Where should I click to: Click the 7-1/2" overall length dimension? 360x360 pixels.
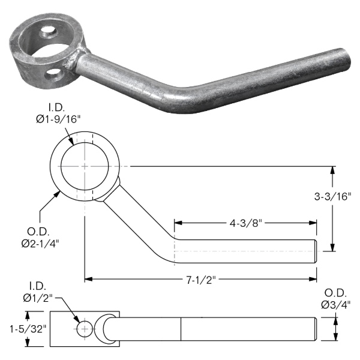(201, 280)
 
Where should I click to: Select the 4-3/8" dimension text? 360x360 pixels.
(245, 223)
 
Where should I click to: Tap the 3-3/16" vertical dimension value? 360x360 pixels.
(332, 197)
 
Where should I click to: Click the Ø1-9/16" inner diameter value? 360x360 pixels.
(58, 119)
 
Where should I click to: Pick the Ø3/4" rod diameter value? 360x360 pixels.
(335, 305)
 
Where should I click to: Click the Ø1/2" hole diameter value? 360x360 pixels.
(38, 298)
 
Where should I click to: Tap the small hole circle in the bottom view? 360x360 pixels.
(85, 329)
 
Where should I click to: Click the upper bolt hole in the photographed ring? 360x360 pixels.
(48, 32)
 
